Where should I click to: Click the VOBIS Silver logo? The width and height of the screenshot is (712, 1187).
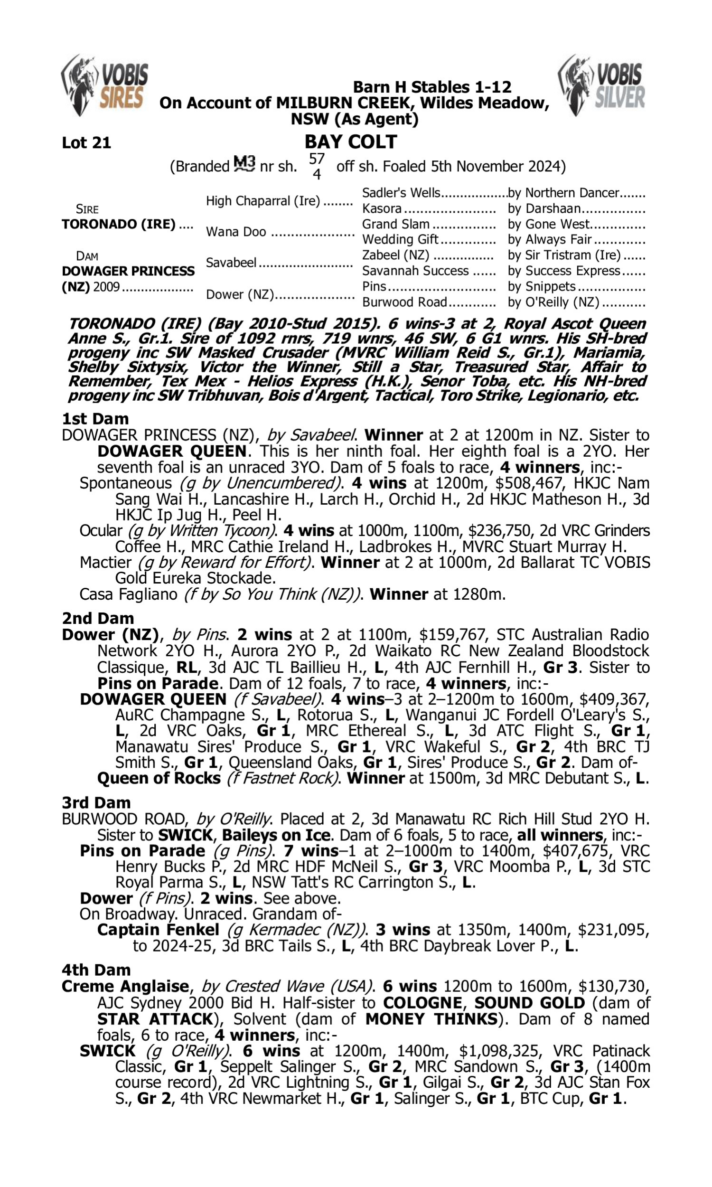coord(601,85)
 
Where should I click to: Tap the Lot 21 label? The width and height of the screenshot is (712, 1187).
coord(86,142)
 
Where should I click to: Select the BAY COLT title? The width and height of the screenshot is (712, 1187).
coord(351,142)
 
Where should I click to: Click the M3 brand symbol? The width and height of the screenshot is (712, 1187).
coord(244,164)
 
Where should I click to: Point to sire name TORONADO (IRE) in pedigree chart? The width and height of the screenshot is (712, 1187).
coord(119,224)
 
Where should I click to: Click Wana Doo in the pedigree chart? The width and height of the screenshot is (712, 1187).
coord(235,232)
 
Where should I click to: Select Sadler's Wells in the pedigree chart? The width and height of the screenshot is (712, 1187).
coord(401,193)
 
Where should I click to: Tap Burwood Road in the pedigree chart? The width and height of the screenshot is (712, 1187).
coord(404,302)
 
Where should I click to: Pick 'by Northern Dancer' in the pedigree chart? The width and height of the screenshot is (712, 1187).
coord(563,193)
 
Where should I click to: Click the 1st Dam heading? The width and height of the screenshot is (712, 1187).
coord(95,419)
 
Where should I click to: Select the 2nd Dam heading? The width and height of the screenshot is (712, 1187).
coord(98,618)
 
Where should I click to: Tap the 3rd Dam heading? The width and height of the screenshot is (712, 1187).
coord(96,802)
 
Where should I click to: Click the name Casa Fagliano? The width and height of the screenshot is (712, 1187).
coord(129,594)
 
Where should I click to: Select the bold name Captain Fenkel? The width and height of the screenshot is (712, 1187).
coord(158,929)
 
